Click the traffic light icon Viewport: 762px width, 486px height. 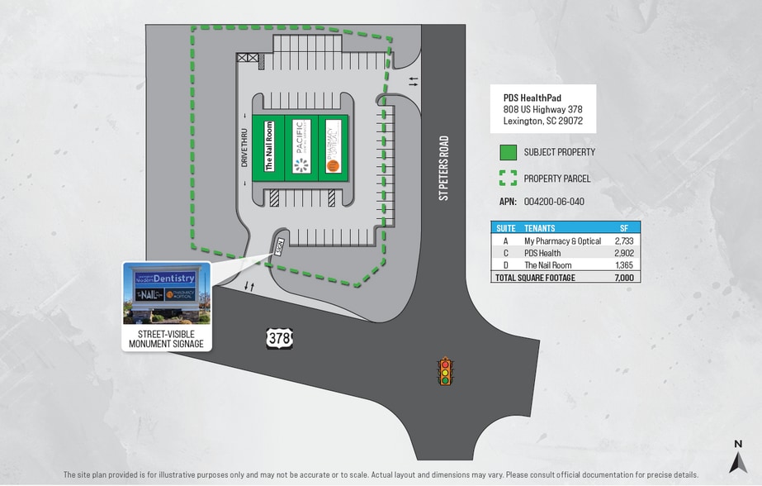tap(446, 371)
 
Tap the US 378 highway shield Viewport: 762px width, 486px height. tap(279, 337)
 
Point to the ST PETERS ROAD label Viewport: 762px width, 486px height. tap(444, 168)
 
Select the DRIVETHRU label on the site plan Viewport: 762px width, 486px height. tap(245, 147)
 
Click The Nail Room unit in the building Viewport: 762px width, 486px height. tap(268, 146)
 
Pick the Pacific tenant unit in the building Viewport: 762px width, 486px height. tap(300, 146)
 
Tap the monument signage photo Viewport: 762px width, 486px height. tap(166, 294)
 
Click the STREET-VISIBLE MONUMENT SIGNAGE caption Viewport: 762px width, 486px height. tap(166, 339)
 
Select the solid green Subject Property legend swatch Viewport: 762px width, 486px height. tap(508, 152)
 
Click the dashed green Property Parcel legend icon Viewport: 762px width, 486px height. tap(508, 179)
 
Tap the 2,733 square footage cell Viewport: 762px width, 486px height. tap(624, 241)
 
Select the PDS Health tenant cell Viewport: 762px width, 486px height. tap(542, 253)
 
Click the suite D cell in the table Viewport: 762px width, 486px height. tap(504, 265)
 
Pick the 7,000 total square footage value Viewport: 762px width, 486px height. tap(624, 278)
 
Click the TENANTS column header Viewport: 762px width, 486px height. tap(540, 228)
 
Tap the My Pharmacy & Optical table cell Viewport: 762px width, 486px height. tap(562, 241)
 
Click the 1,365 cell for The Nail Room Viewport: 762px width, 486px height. tap(624, 265)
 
